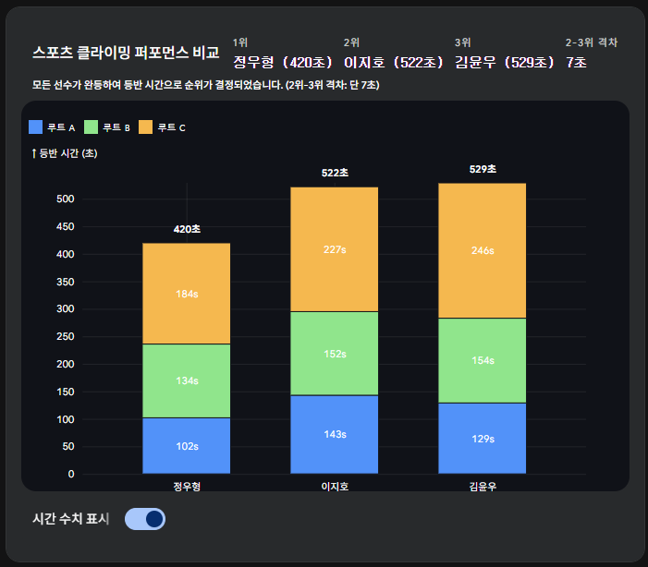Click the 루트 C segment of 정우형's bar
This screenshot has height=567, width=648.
coord(187,294)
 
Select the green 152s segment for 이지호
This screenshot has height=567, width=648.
coord(335,353)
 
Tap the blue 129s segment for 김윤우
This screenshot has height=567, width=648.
coord(483,438)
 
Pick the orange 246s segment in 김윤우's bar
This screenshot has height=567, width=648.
coord(483,250)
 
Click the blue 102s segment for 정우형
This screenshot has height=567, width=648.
coord(187,446)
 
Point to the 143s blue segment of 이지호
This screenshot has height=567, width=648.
coord(335,434)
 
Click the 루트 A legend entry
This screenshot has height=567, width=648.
coord(52,127)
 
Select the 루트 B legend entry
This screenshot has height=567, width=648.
coord(107,127)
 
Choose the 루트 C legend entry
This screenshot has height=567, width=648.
coord(163,127)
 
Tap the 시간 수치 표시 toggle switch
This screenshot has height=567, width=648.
coord(144,519)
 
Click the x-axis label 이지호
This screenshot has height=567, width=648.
coord(335,487)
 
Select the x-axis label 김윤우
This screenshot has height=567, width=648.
coord(483,487)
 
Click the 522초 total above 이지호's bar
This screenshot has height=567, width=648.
coord(335,173)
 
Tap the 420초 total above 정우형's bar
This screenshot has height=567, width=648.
coord(187,229)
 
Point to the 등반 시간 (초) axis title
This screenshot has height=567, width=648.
coord(65,153)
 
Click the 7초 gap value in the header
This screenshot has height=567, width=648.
coord(577,63)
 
